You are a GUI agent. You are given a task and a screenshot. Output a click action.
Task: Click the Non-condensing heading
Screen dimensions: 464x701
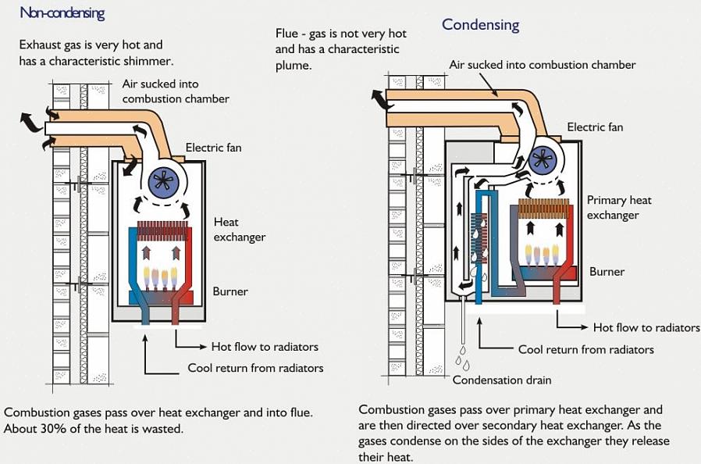62,13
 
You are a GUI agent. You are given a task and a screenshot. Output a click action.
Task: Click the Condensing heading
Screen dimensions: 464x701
480,24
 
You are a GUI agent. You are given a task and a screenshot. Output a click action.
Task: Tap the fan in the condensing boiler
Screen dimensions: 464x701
540,159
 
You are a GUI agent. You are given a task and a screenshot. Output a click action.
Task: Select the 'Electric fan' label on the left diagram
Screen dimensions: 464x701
213,148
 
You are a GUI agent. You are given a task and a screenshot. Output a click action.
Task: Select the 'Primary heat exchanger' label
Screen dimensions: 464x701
618,208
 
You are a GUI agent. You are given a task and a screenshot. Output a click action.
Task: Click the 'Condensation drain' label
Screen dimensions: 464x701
502,380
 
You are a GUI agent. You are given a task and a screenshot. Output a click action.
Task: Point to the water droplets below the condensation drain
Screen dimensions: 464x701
463,362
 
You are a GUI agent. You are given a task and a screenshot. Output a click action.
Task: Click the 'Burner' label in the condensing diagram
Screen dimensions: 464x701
607,272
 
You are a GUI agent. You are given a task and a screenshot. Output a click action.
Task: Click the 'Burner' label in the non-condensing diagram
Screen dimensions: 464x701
230,291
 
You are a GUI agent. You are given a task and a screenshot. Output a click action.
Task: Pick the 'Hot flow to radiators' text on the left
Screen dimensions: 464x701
265,347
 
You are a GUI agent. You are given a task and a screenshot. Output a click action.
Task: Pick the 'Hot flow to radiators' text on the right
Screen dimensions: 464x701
646,328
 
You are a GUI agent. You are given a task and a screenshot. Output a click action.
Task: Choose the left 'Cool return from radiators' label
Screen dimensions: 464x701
255,368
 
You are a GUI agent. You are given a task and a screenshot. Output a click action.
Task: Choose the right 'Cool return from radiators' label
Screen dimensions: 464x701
585,350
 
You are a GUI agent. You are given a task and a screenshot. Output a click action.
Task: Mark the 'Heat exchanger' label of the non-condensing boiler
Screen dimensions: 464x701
239,230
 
